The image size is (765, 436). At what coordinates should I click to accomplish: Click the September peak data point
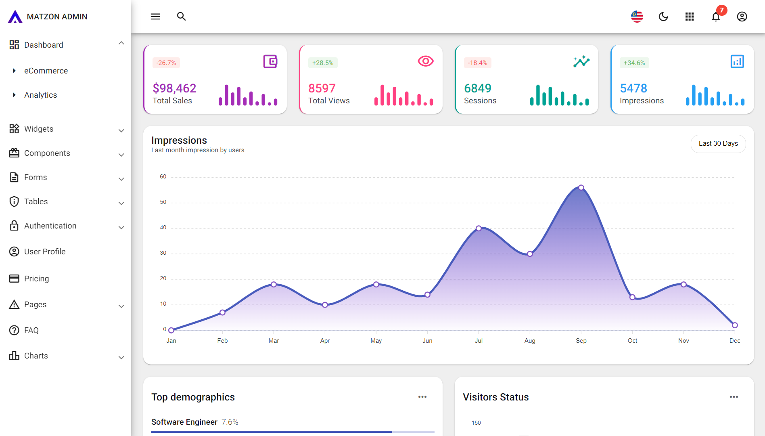[581, 187]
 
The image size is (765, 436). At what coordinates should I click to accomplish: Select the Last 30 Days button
[718, 144]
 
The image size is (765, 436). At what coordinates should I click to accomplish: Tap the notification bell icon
[716, 17]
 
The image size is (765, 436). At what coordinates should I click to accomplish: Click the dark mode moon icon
[663, 17]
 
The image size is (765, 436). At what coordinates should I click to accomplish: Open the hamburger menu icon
[155, 17]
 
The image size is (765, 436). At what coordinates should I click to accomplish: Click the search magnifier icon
[182, 17]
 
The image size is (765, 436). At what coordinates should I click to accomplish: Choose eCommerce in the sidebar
[46, 71]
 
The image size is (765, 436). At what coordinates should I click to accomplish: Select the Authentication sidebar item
[50, 226]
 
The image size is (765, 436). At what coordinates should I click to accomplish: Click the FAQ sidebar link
[31, 330]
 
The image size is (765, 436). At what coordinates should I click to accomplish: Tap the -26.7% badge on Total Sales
[166, 63]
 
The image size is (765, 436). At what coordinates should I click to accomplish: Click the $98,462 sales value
[174, 88]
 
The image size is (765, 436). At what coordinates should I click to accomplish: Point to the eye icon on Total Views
[425, 61]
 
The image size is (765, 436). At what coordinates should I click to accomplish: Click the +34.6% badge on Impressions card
[634, 63]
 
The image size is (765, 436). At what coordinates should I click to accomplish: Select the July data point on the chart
[479, 228]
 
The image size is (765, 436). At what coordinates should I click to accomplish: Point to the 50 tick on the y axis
[163, 202]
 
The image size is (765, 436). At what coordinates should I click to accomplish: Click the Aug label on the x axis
[530, 341]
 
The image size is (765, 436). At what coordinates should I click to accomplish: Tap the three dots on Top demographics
[422, 397]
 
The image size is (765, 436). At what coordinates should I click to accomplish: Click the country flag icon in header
[637, 17]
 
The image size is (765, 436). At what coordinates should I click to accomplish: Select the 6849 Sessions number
[478, 88]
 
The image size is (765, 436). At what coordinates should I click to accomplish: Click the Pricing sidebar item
[36, 279]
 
